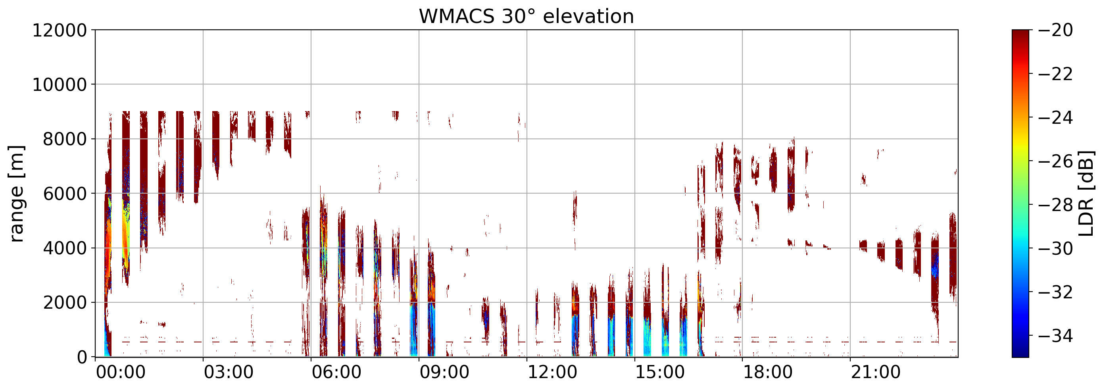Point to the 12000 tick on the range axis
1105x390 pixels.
tap(60, 31)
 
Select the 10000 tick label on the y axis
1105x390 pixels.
tap(60, 85)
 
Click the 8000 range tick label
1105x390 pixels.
tap(65, 139)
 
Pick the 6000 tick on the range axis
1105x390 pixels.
tap(65, 194)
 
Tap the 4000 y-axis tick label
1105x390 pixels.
tap(65, 248)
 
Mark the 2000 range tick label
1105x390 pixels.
tap(65, 303)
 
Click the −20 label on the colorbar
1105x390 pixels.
tap(1056, 31)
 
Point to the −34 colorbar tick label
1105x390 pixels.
tap(1056, 336)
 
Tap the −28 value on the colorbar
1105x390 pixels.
tap(1056, 205)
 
